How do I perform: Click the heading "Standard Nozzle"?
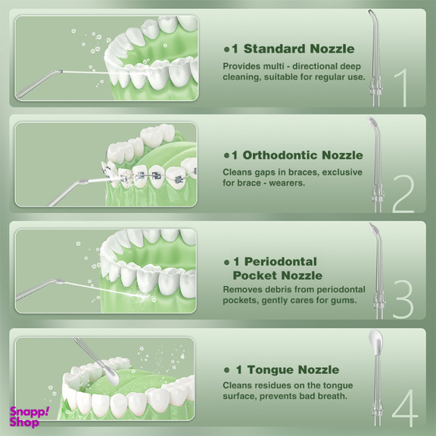pyautogui.click(x=299, y=48)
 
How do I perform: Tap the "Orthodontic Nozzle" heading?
pyautogui.click(x=303, y=155)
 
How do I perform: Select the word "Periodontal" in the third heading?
pyautogui.click(x=281, y=262)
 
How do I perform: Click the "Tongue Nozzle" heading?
pyautogui.click(x=293, y=370)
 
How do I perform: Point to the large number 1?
pyautogui.click(x=401, y=88)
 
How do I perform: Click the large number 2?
pyautogui.click(x=403, y=194)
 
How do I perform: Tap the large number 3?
pyautogui.click(x=403, y=300)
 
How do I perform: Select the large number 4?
pyautogui.click(x=405, y=408)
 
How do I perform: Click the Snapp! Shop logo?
pyautogui.click(x=29, y=416)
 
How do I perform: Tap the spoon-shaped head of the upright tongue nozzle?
pyautogui.click(x=375, y=342)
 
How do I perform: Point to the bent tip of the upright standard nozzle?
pyautogui.click(x=372, y=14)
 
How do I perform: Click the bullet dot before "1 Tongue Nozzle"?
pyautogui.click(x=227, y=370)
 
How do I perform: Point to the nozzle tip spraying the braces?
pyautogui.click(x=84, y=182)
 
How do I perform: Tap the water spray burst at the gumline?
pyautogui.click(x=142, y=297)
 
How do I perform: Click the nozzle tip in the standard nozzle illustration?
pyautogui.click(x=59, y=71)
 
